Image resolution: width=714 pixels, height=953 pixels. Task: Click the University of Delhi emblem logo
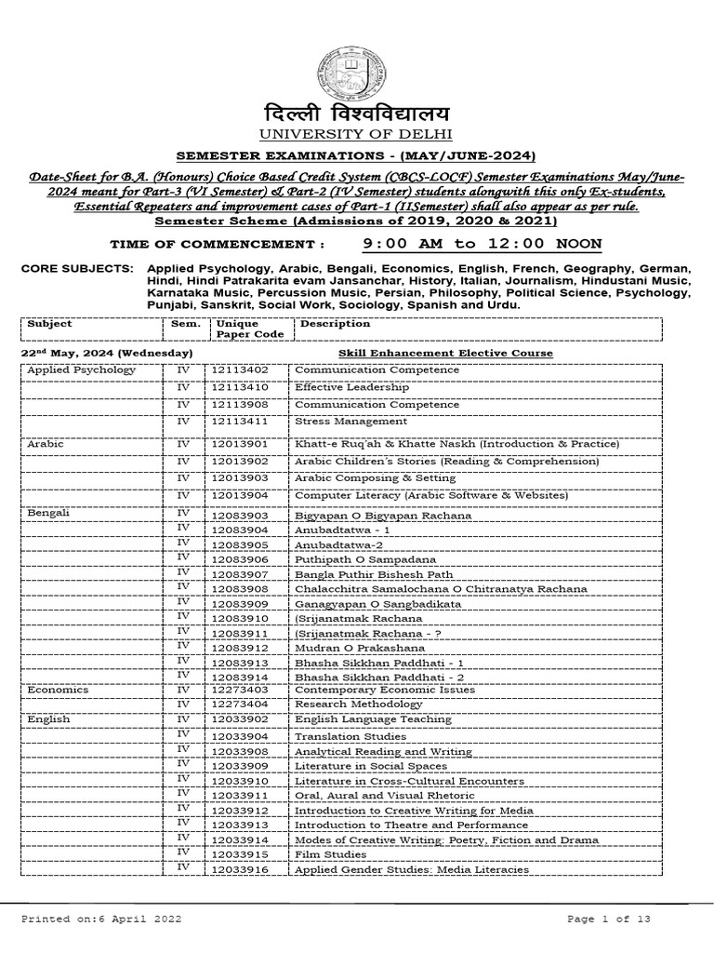click(x=357, y=63)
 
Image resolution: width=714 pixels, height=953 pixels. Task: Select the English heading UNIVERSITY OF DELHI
click(x=357, y=137)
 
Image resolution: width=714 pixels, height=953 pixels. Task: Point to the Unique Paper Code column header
click(x=237, y=329)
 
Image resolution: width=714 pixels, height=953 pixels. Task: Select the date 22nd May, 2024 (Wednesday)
click(x=107, y=354)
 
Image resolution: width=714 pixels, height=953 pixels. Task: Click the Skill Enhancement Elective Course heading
click(x=445, y=354)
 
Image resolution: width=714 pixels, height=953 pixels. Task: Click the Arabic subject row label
click(x=46, y=445)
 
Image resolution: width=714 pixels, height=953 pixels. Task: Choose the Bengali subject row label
click(x=49, y=513)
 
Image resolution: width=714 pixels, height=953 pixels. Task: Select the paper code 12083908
click(x=239, y=589)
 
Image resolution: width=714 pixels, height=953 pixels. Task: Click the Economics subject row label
click(x=58, y=690)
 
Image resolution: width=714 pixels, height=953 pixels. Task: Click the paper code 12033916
click(x=239, y=869)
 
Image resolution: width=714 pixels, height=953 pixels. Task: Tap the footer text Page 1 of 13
click(x=609, y=919)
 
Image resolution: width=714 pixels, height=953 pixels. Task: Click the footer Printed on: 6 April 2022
click(x=101, y=919)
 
